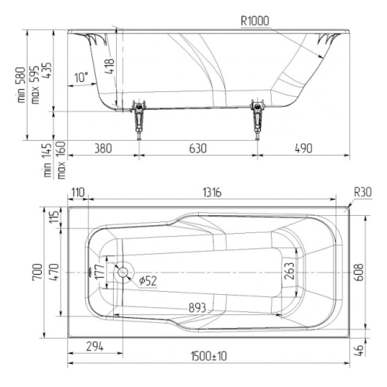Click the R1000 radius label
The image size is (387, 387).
tap(255, 21)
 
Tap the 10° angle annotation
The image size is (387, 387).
tap(81, 77)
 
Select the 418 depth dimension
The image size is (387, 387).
tap(110, 66)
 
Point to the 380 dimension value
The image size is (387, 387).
tap(103, 149)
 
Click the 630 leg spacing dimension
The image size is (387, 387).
tap(198, 149)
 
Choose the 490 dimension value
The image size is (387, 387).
tap(303, 149)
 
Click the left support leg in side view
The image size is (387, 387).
tap(139, 119)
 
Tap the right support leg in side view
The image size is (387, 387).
tap(258, 119)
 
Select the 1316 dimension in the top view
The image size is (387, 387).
tap(212, 193)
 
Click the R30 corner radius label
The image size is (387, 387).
tap(363, 192)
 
